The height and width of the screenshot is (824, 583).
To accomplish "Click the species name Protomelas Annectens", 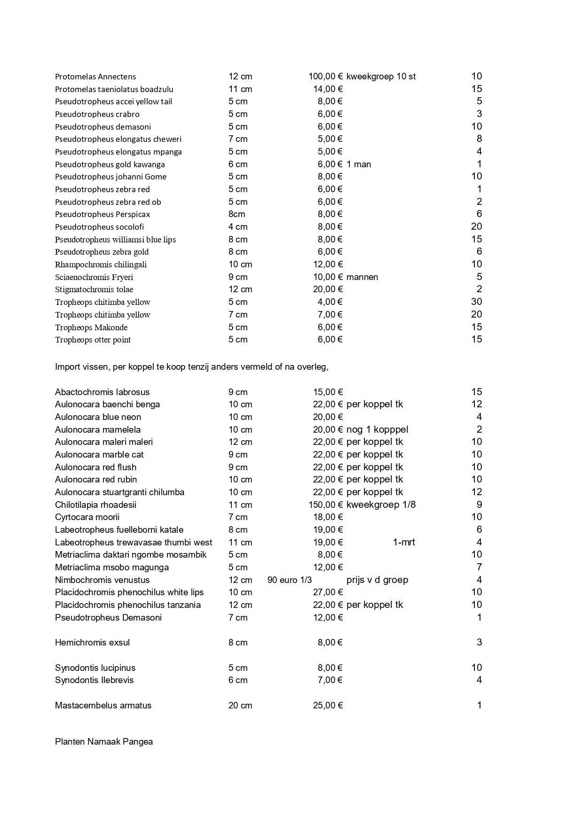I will [x=95, y=77].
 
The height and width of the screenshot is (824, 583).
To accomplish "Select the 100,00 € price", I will [x=325, y=77].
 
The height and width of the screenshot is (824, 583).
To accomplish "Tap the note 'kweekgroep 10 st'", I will [x=381, y=77].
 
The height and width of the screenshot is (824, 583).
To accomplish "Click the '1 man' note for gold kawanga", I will [x=359, y=164].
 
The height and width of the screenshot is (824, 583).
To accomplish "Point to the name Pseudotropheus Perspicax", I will [x=102, y=214].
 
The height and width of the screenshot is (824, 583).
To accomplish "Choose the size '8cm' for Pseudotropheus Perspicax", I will [x=237, y=214].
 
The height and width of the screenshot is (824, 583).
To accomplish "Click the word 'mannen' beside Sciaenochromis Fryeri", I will [x=362, y=277].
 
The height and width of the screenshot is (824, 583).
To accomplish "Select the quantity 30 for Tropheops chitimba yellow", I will [x=476, y=302].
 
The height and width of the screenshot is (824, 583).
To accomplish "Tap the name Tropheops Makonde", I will [x=91, y=327].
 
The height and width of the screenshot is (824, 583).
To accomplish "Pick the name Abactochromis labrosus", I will [x=102, y=392].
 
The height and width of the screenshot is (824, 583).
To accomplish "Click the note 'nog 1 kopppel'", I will [x=377, y=430].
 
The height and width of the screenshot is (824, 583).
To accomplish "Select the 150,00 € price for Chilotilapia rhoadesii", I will [x=325, y=505].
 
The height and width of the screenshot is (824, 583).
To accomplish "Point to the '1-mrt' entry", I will [x=404, y=543].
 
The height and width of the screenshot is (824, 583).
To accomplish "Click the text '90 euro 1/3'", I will [x=290, y=580].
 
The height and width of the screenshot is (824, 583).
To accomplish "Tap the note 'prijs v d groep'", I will [x=377, y=580].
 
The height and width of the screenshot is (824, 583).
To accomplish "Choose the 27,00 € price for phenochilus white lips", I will [x=328, y=592].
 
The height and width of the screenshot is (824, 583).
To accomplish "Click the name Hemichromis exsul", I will [x=92, y=643].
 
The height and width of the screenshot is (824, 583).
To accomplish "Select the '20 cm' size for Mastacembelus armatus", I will [x=240, y=706].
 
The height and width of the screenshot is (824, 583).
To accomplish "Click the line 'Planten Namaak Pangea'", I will [x=104, y=742].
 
